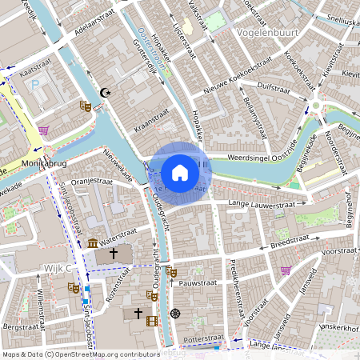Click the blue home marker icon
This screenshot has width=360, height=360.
tap(180, 173)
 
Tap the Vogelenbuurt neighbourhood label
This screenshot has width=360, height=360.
tap(273, 34)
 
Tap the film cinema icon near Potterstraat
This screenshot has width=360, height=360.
tap(153, 320)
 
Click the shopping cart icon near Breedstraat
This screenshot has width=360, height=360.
tap(286, 270)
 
